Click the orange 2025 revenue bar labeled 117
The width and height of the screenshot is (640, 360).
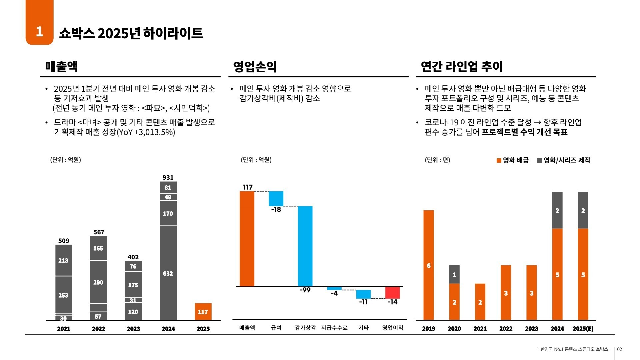[x=203, y=312]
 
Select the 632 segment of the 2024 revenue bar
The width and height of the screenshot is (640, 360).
[x=168, y=273]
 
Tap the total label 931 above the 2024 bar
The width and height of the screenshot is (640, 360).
[x=168, y=177]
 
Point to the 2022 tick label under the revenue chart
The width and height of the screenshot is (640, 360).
[x=98, y=329]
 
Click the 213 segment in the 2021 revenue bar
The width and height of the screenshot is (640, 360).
[x=63, y=260]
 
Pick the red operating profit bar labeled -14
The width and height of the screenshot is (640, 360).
[x=392, y=293]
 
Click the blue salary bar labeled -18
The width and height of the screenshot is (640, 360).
[x=276, y=198]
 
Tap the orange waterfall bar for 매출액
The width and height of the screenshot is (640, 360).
[x=247, y=239]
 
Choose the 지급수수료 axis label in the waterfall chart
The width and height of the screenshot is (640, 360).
[x=334, y=328]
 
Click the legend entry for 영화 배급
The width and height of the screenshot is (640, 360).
[x=513, y=160]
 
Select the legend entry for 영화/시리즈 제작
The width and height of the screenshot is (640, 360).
[x=564, y=160]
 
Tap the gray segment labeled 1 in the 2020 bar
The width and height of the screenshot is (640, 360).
[x=454, y=274]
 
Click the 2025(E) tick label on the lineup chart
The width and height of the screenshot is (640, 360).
[x=583, y=329]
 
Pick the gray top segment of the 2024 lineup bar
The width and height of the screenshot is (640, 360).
[x=557, y=210]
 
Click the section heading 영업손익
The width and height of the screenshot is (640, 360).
[x=255, y=67]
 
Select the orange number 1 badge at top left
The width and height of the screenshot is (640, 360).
[x=39, y=31]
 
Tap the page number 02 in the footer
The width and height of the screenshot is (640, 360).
[x=619, y=349]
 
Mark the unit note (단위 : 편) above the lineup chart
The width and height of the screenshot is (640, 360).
[x=437, y=160]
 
